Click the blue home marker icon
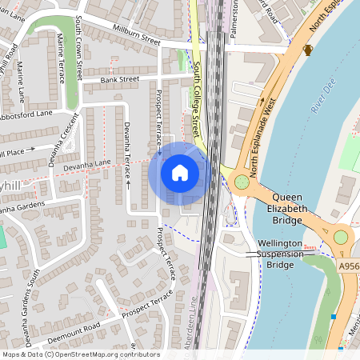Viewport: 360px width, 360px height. pos(180,173)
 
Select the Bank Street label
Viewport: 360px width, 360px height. pos(120,79)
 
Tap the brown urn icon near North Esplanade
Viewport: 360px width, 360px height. pos(308,50)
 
